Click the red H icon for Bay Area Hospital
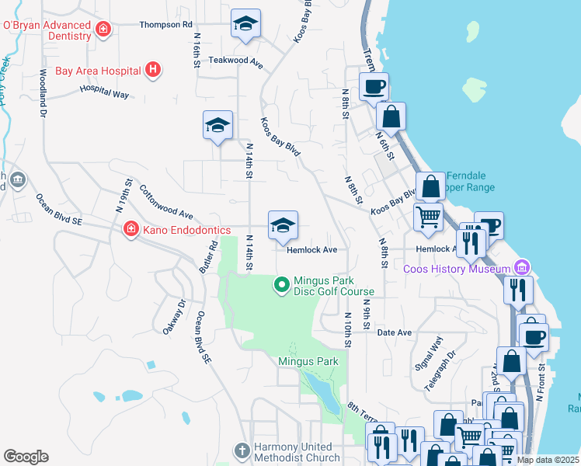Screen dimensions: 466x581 [x=153, y=70]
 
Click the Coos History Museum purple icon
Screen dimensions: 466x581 [x=520, y=268]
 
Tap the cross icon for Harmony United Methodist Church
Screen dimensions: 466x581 [x=243, y=450]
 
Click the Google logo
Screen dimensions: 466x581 [x=26, y=457]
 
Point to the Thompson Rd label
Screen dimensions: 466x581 [x=165, y=25]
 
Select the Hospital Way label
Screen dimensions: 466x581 [x=104, y=92]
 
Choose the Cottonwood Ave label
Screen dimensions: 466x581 [x=165, y=201]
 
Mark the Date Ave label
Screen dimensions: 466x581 [x=394, y=332]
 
